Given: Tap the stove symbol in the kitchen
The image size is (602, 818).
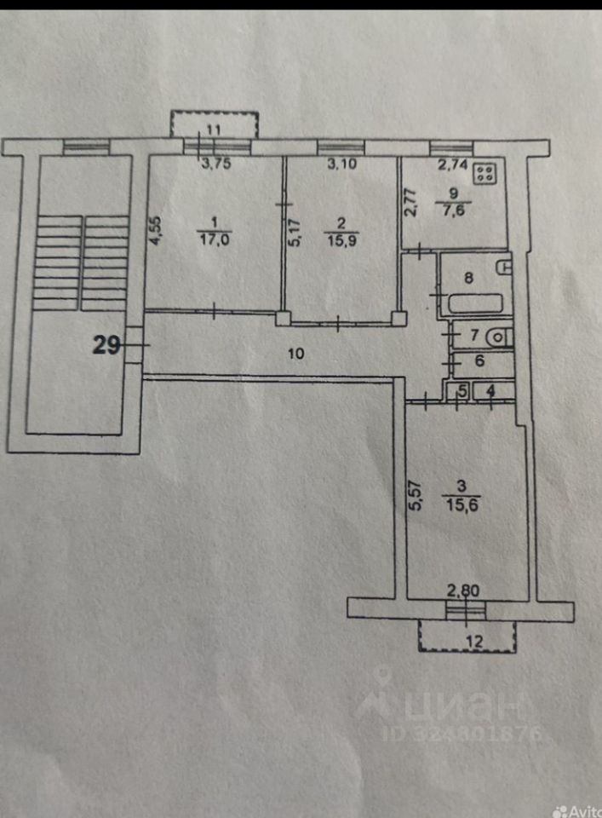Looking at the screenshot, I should tap(487, 174).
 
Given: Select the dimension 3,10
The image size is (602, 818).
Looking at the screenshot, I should tap(343, 165).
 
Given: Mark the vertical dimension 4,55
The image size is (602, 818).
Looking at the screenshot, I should tap(155, 230).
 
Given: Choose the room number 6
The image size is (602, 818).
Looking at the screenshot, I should tap(479, 361).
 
